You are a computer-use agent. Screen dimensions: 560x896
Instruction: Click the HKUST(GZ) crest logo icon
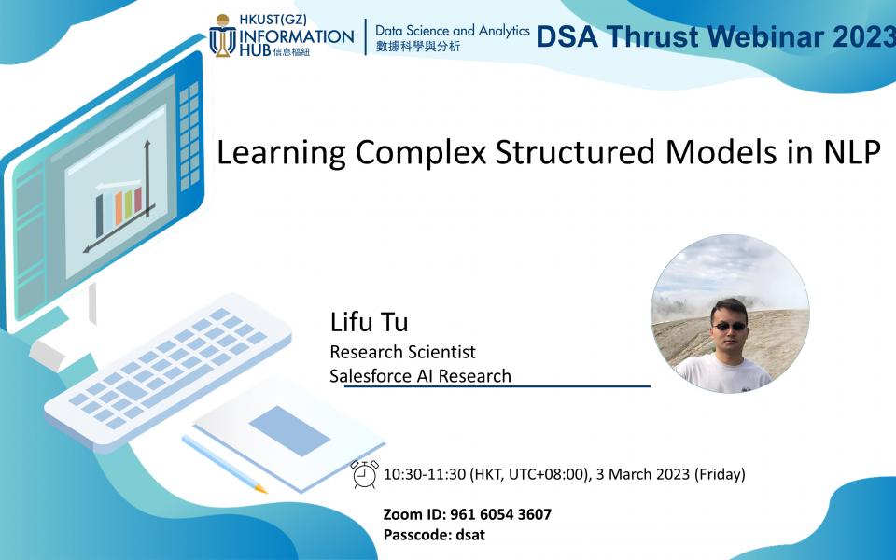pyautogui.click(x=222, y=35)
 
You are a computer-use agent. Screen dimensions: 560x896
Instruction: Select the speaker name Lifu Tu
pyautogui.click(x=369, y=323)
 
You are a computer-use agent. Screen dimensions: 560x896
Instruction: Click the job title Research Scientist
pyautogui.click(x=402, y=352)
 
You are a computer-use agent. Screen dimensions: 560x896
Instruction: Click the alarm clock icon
pyautogui.click(x=364, y=474)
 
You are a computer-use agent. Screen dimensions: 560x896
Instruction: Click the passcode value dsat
pyautogui.click(x=469, y=535)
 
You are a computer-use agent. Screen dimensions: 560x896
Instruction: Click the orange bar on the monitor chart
pyautogui.click(x=118, y=208)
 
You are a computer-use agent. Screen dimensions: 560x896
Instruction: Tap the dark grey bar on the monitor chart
pyautogui.click(x=99, y=216)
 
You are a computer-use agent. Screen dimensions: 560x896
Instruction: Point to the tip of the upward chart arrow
pyautogui.click(x=147, y=143)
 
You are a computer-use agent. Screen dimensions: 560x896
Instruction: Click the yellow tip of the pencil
pyautogui.click(x=262, y=489)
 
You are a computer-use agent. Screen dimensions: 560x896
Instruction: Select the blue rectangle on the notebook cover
pyautogui.click(x=289, y=431)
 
